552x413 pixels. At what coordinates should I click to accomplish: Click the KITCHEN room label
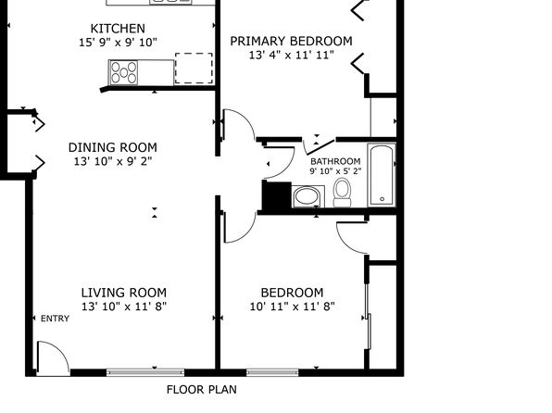[118, 29]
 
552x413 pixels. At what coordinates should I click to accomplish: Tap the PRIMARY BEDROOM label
[291, 41]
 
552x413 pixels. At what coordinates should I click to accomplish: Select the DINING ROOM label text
[113, 147]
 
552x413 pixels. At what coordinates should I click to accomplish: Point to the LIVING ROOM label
[124, 293]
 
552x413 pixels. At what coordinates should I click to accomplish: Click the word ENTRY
[55, 319]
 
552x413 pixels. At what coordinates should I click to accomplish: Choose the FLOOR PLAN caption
[202, 390]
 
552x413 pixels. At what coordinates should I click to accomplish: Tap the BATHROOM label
[335, 162]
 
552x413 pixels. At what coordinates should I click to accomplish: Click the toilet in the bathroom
[342, 193]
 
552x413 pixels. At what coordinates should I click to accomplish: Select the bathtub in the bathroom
[382, 175]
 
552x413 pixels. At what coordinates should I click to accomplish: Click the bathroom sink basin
[307, 196]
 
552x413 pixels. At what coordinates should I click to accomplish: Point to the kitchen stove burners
[123, 72]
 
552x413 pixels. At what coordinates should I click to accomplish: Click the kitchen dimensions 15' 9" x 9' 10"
[118, 43]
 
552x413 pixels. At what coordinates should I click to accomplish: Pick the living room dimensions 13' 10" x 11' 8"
[124, 307]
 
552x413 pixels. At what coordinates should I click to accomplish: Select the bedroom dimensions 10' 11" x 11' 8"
[292, 307]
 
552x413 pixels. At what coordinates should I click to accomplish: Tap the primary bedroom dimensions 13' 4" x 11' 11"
[292, 56]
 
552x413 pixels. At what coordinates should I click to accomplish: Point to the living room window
[145, 372]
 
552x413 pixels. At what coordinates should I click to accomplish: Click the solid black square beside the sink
[277, 195]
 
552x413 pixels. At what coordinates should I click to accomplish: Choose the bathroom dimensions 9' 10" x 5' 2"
[335, 171]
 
